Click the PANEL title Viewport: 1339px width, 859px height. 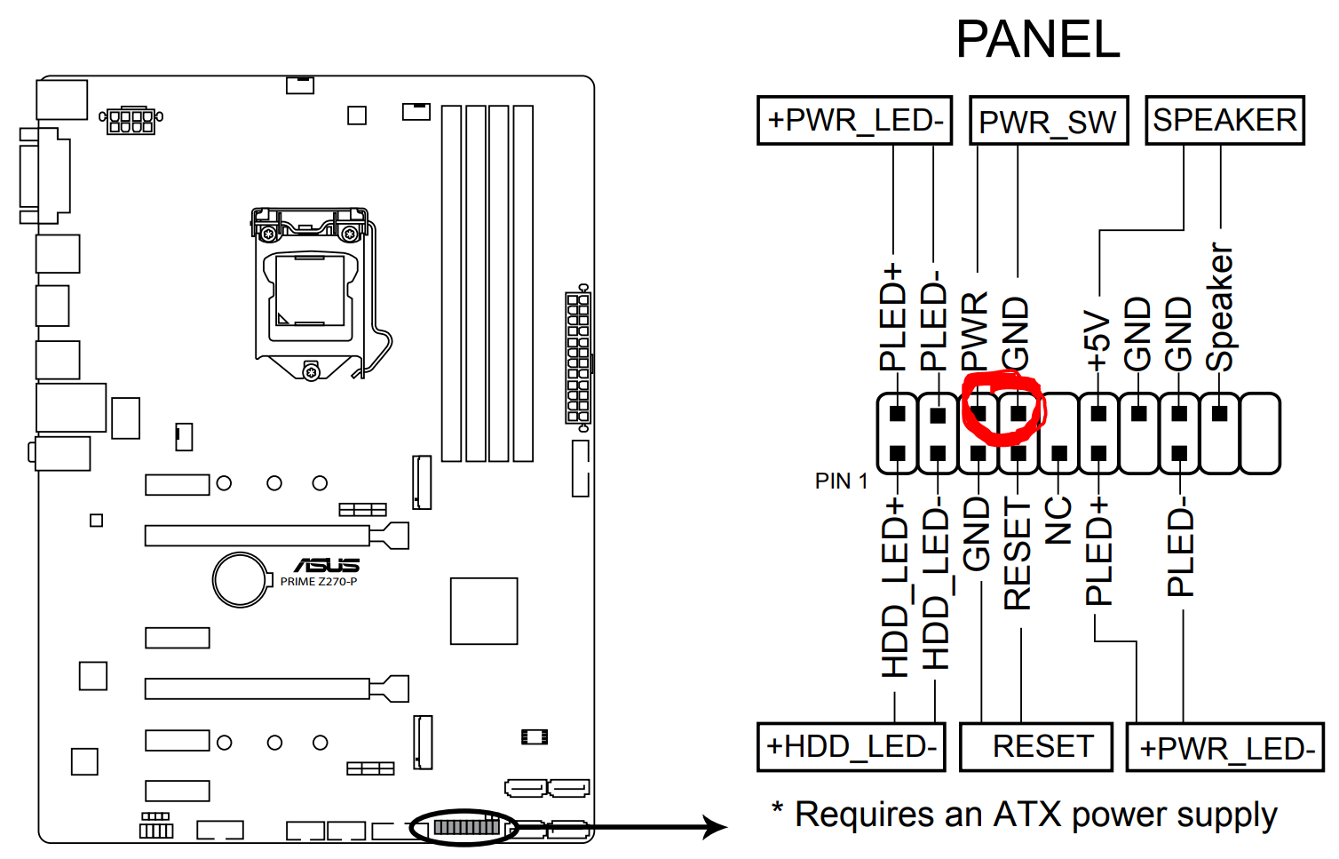coord(1037,40)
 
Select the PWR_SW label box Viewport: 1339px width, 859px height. coord(1048,121)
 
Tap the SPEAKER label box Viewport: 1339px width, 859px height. coord(1224,120)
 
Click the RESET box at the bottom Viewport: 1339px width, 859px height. coord(1036,746)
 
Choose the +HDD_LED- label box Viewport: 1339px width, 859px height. coord(851,746)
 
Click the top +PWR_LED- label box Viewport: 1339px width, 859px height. coord(854,120)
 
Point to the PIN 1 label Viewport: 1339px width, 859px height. coord(840,481)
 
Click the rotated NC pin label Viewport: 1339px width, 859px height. coord(1058,521)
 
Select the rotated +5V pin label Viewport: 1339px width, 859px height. coord(1098,341)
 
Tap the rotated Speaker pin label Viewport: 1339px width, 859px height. coord(1220,307)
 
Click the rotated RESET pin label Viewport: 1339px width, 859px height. coord(1018,554)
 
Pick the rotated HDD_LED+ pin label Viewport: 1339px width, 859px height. coord(895,588)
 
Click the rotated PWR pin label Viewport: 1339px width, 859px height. coord(976,331)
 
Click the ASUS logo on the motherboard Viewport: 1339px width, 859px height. coord(326,565)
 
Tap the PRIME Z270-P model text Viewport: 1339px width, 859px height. coord(319,582)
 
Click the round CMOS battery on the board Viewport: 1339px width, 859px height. coord(240,579)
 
